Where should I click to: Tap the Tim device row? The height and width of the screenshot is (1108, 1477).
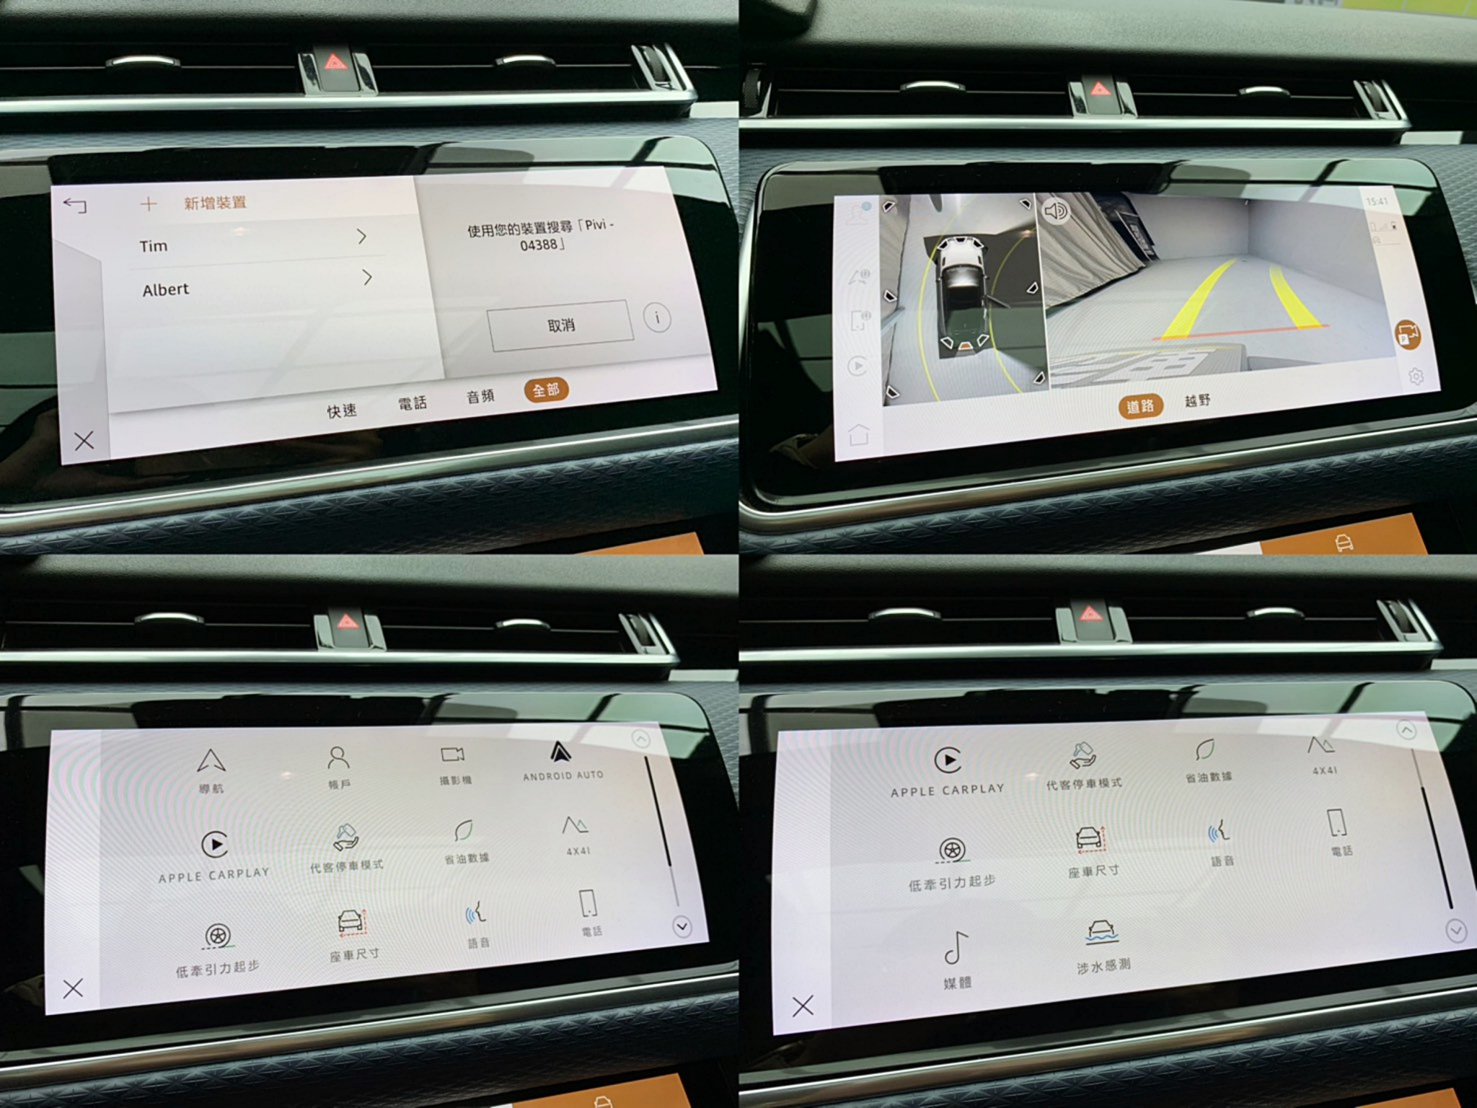pyautogui.click(x=252, y=242)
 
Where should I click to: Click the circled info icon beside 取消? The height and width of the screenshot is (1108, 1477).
pyautogui.click(x=657, y=318)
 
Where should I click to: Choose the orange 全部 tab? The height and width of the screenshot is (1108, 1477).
pyautogui.click(x=546, y=390)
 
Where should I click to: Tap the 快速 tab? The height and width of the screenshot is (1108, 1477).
pyautogui.click(x=342, y=410)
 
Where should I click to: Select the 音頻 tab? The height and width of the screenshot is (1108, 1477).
pyautogui.click(x=480, y=396)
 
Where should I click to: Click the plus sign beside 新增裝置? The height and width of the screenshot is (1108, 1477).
pyautogui.click(x=149, y=204)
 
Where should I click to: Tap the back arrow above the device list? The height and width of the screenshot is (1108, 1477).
pyautogui.click(x=75, y=206)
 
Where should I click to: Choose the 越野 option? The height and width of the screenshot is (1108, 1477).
pyautogui.click(x=1197, y=400)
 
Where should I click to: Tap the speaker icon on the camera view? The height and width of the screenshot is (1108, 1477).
pyautogui.click(x=1056, y=211)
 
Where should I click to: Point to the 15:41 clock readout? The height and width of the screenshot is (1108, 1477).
pyautogui.click(x=1376, y=201)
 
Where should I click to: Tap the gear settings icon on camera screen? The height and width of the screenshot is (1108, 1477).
pyautogui.click(x=1415, y=377)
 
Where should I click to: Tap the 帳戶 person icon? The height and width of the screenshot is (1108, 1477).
pyautogui.click(x=338, y=758)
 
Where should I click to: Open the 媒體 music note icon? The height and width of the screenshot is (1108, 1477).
pyautogui.click(x=956, y=948)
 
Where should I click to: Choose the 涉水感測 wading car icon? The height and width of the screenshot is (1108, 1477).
pyautogui.click(x=1101, y=932)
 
